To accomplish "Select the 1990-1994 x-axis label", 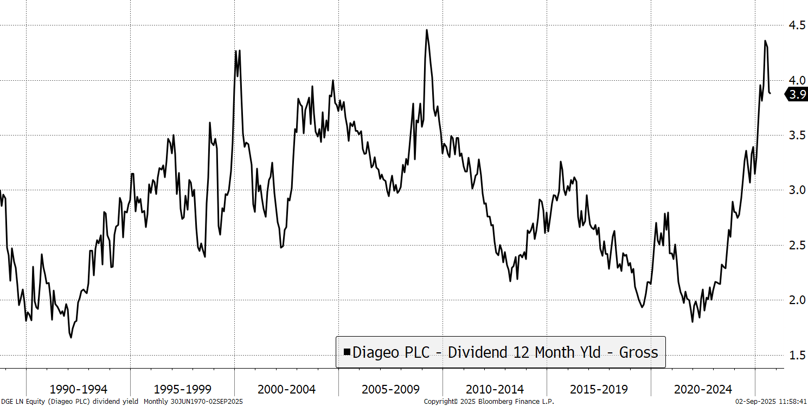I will click(79, 389).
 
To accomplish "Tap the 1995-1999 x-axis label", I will click(183, 389).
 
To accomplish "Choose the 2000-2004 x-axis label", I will click(287, 389).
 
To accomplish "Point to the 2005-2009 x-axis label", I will click(390, 389).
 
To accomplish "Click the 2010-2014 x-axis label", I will click(495, 389).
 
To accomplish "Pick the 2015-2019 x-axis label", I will click(599, 389).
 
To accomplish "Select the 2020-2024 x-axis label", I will click(703, 389).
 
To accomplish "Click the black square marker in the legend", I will click(347, 352).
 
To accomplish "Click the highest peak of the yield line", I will click(427, 30).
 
